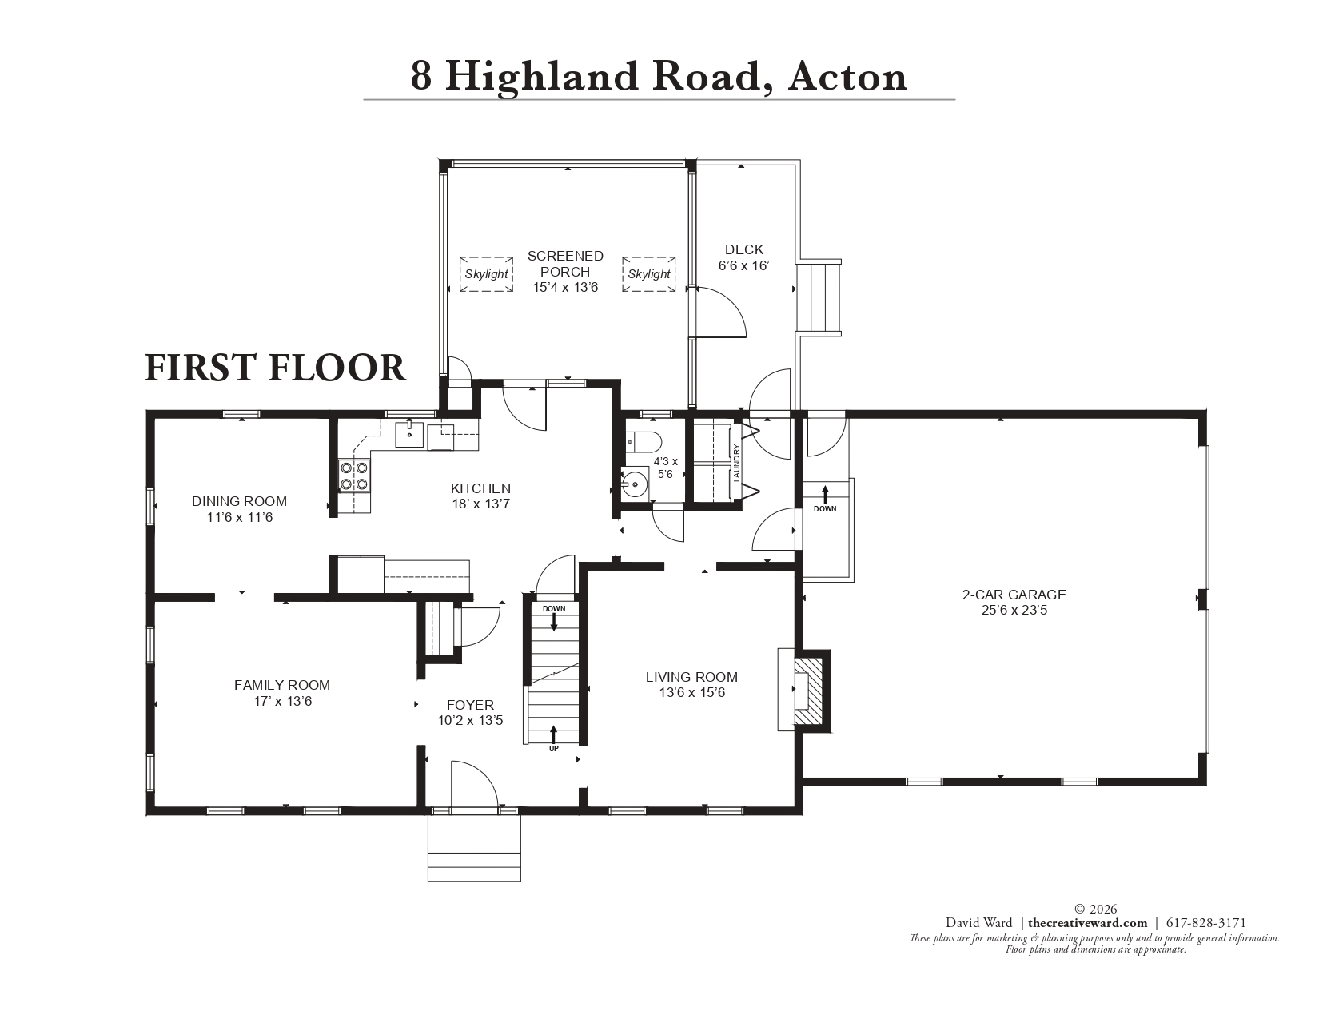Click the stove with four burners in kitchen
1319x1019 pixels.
pos(354,476)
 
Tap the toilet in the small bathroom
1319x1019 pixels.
pos(644,440)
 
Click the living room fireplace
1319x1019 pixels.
pos(807,690)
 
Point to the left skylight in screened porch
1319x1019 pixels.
pos(486,274)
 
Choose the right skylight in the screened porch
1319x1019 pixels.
pos(649,274)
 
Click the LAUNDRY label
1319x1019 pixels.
pos(737,462)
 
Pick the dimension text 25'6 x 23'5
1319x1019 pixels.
pos(1014,611)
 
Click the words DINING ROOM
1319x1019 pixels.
pos(239,501)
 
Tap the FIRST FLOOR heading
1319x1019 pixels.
pos(275,368)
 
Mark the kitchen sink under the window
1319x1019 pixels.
pos(410,436)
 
